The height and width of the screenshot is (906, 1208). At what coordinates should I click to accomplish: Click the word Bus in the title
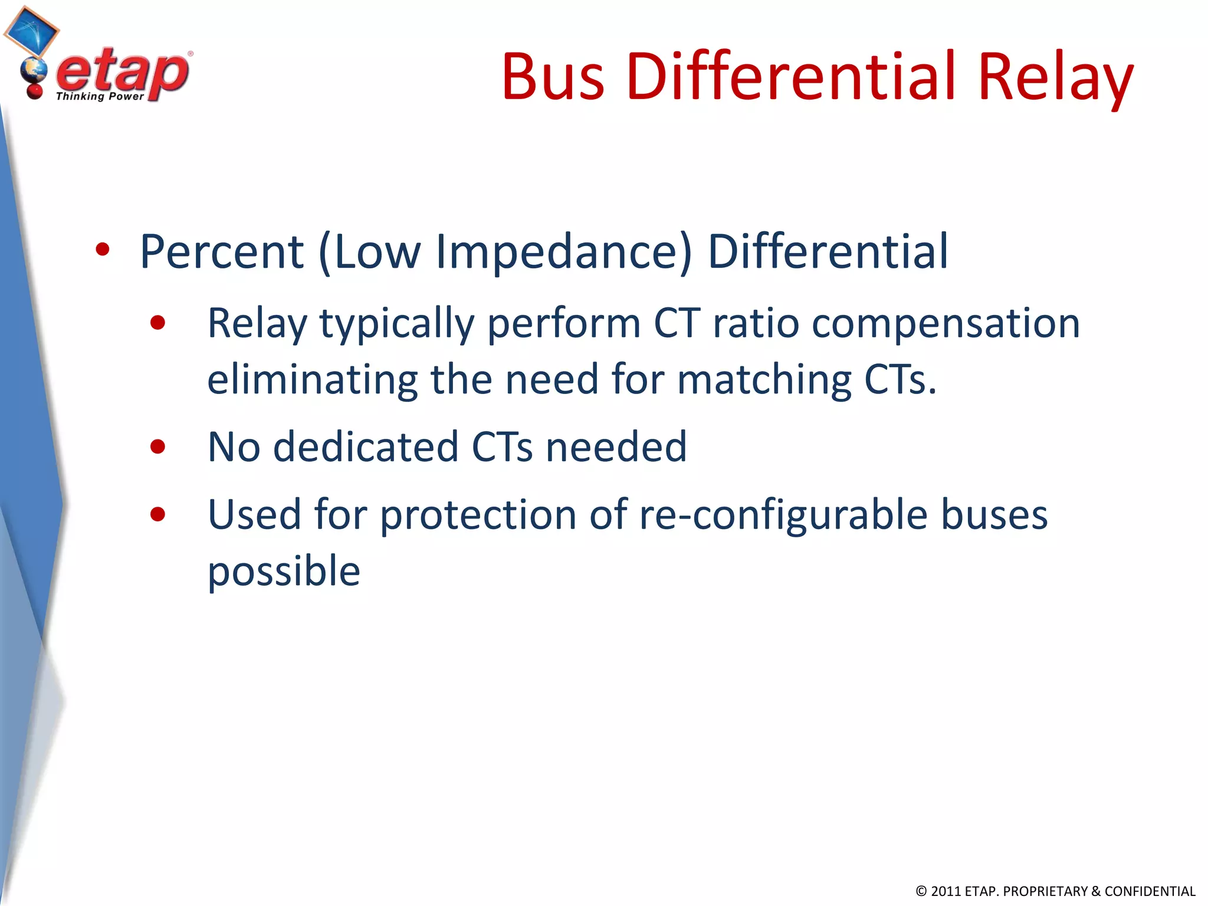[553, 77]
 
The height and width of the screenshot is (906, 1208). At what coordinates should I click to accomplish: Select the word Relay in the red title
[1055, 77]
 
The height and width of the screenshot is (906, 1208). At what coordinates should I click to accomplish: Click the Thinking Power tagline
[100, 96]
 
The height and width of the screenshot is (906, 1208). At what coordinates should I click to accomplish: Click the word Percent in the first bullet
[222, 252]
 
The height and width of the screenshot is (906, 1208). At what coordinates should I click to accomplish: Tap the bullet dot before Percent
[103, 250]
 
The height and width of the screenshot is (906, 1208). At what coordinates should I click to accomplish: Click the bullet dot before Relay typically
[157, 323]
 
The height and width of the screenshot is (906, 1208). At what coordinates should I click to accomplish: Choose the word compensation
[946, 324]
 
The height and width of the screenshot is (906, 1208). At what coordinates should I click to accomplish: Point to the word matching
[764, 380]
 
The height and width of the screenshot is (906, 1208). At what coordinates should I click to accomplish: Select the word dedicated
[366, 447]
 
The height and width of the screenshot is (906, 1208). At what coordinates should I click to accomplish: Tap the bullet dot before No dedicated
[157, 447]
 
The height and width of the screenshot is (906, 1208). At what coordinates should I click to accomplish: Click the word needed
[616, 447]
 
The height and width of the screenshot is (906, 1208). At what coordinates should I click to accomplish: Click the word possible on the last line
[284, 572]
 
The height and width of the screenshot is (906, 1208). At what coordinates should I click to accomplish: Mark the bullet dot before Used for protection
[157, 514]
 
